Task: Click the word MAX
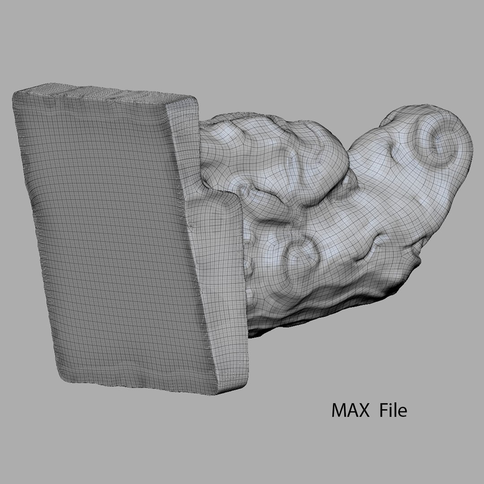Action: click(350, 410)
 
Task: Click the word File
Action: click(393, 410)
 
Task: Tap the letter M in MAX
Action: click(338, 410)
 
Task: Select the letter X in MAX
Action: click(363, 410)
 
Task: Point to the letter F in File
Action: click(383, 410)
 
